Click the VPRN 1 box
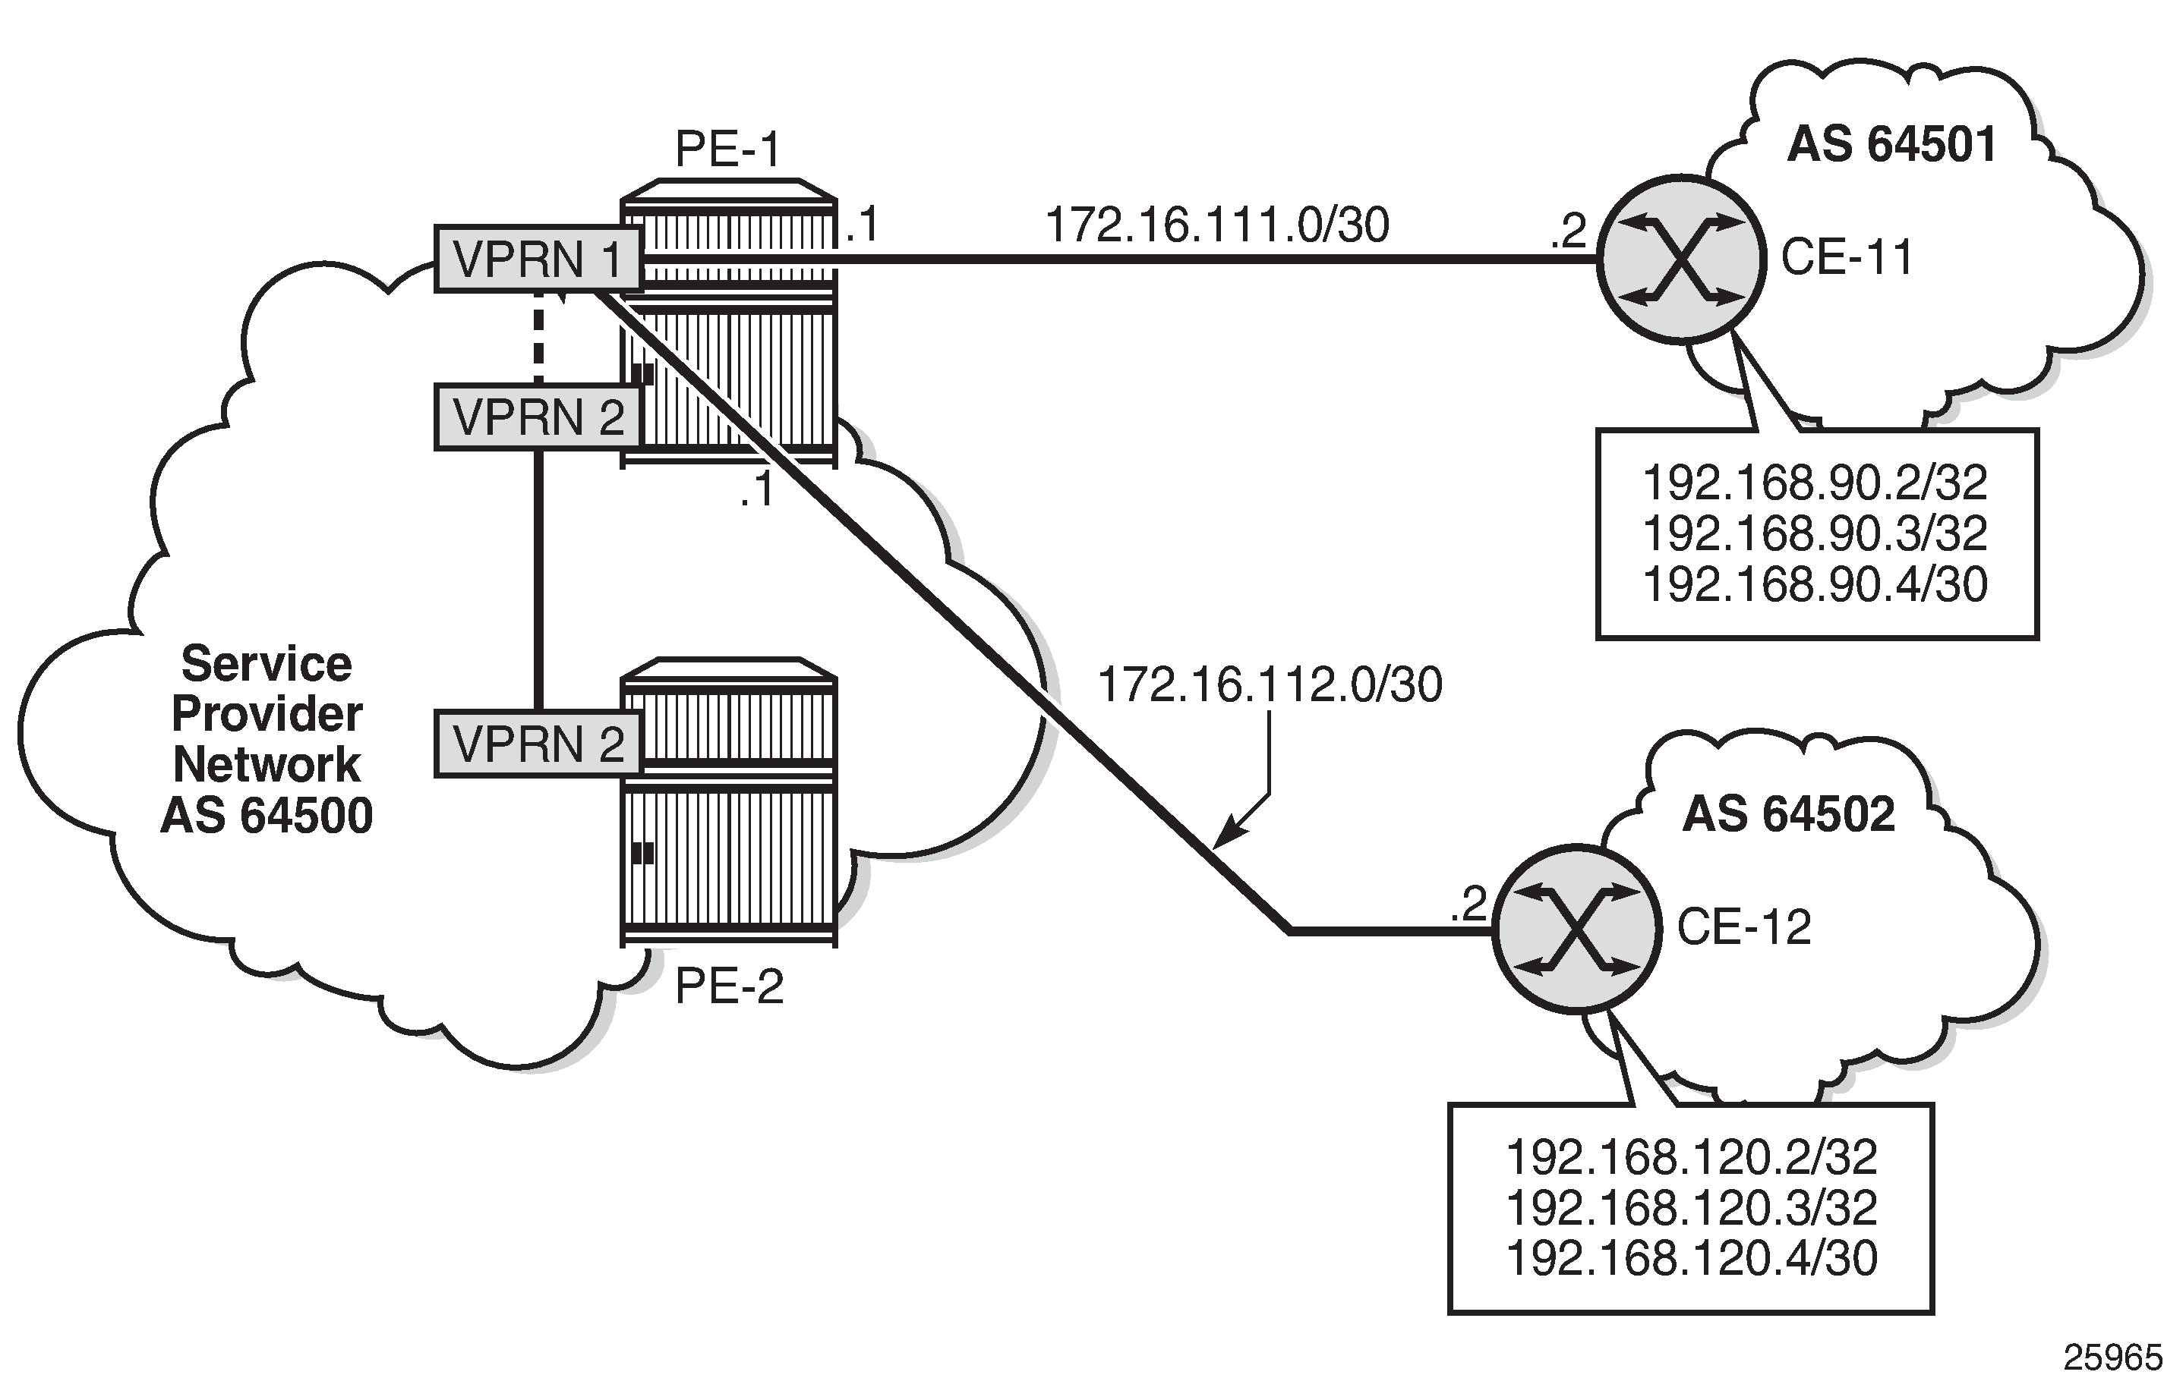click(x=538, y=260)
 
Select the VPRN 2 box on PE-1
click(x=538, y=417)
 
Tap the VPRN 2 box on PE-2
click(x=538, y=744)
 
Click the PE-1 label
click(x=728, y=149)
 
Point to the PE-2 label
click(x=729, y=986)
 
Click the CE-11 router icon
click(x=1680, y=260)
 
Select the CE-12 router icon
click(x=1576, y=929)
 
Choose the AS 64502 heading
click(x=1788, y=815)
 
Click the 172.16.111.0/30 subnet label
click(x=1217, y=225)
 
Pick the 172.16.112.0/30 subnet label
click(x=1270, y=685)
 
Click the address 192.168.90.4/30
click(x=1815, y=584)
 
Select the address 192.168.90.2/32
click(x=1815, y=483)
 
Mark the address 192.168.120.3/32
click(x=1690, y=1208)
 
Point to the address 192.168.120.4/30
click(x=1690, y=1257)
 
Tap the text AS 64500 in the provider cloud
click(x=267, y=816)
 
